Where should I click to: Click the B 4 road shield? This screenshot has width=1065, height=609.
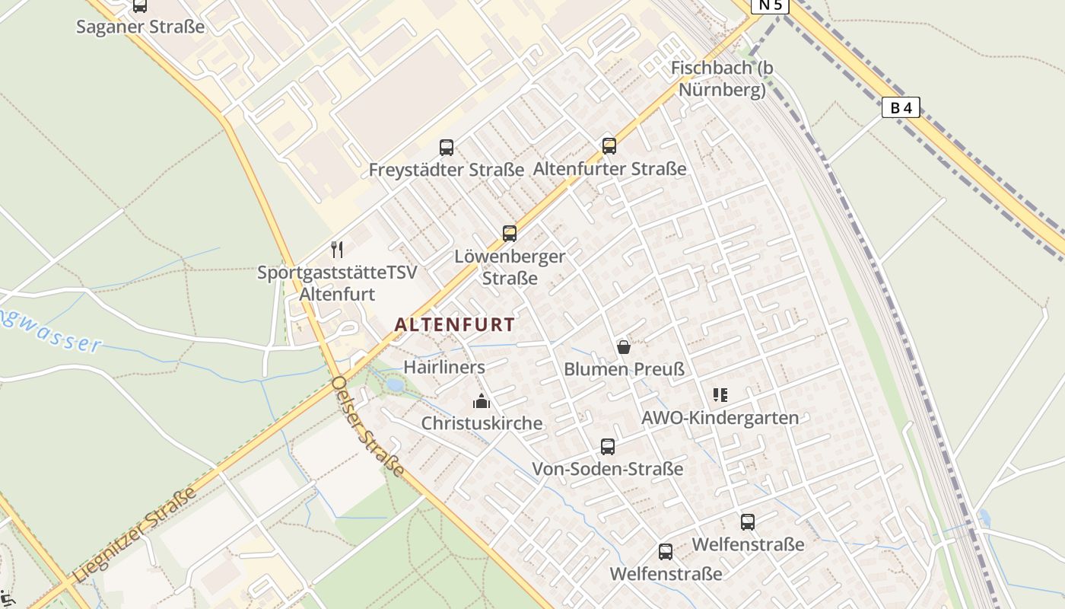[x=901, y=108]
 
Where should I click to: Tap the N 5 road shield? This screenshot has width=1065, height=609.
[x=770, y=5]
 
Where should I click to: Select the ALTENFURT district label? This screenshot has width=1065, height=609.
[x=454, y=324]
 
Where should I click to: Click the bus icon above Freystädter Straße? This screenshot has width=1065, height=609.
[x=447, y=147]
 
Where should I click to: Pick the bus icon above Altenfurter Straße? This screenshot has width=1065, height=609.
[x=609, y=145]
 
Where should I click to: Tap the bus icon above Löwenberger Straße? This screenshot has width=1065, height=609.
[x=510, y=234]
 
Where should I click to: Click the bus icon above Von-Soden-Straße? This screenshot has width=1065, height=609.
[x=607, y=447]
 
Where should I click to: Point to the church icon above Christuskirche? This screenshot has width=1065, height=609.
[x=482, y=400]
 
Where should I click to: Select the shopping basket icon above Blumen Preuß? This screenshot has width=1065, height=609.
[x=624, y=347]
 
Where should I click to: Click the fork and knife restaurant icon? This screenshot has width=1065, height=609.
[x=337, y=249]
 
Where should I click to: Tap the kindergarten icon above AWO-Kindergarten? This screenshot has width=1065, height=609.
[x=720, y=395]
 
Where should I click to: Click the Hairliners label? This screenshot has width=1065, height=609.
[x=444, y=367]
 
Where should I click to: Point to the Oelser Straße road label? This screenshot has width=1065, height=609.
[x=368, y=426]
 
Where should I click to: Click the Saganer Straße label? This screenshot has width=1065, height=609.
[x=141, y=27]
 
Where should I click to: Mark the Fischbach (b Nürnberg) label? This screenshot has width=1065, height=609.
[x=721, y=79]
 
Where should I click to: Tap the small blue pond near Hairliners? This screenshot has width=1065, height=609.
[x=395, y=385]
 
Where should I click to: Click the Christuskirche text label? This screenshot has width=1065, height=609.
[x=482, y=423]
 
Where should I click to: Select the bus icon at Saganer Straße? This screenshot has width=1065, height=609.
[x=140, y=6]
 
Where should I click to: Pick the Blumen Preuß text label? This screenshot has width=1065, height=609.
[x=624, y=370]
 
